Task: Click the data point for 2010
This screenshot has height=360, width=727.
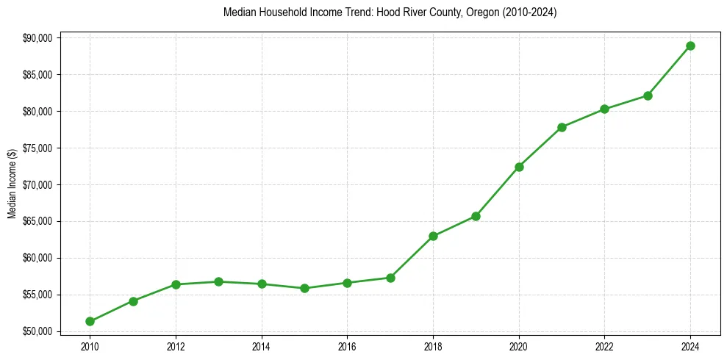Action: coord(90,321)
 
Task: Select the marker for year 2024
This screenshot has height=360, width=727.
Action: coord(690,46)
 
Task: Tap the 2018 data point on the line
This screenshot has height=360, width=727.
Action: coord(433,236)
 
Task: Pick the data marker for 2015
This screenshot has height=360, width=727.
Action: coord(304,288)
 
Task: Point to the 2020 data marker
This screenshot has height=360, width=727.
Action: coord(519,167)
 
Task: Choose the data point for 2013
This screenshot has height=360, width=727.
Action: coord(218,281)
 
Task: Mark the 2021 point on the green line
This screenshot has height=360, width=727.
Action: coord(562,127)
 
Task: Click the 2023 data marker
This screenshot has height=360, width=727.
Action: coord(648,96)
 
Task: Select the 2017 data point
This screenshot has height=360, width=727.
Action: coord(390,278)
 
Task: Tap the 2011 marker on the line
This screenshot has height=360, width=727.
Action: coord(133,301)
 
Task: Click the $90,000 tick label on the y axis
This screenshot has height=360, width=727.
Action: coord(37,38)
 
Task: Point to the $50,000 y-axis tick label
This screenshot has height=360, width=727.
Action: coord(37,331)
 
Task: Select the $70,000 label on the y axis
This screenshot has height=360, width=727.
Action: coord(37,184)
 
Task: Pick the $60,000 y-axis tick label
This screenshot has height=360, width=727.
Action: coord(37,258)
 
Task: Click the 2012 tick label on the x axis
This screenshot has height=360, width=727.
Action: coord(176,346)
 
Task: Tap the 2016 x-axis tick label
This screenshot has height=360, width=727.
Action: coord(347,346)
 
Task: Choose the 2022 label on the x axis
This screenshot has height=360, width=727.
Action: coord(604,346)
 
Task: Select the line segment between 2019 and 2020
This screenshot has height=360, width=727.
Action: coord(498,191)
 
